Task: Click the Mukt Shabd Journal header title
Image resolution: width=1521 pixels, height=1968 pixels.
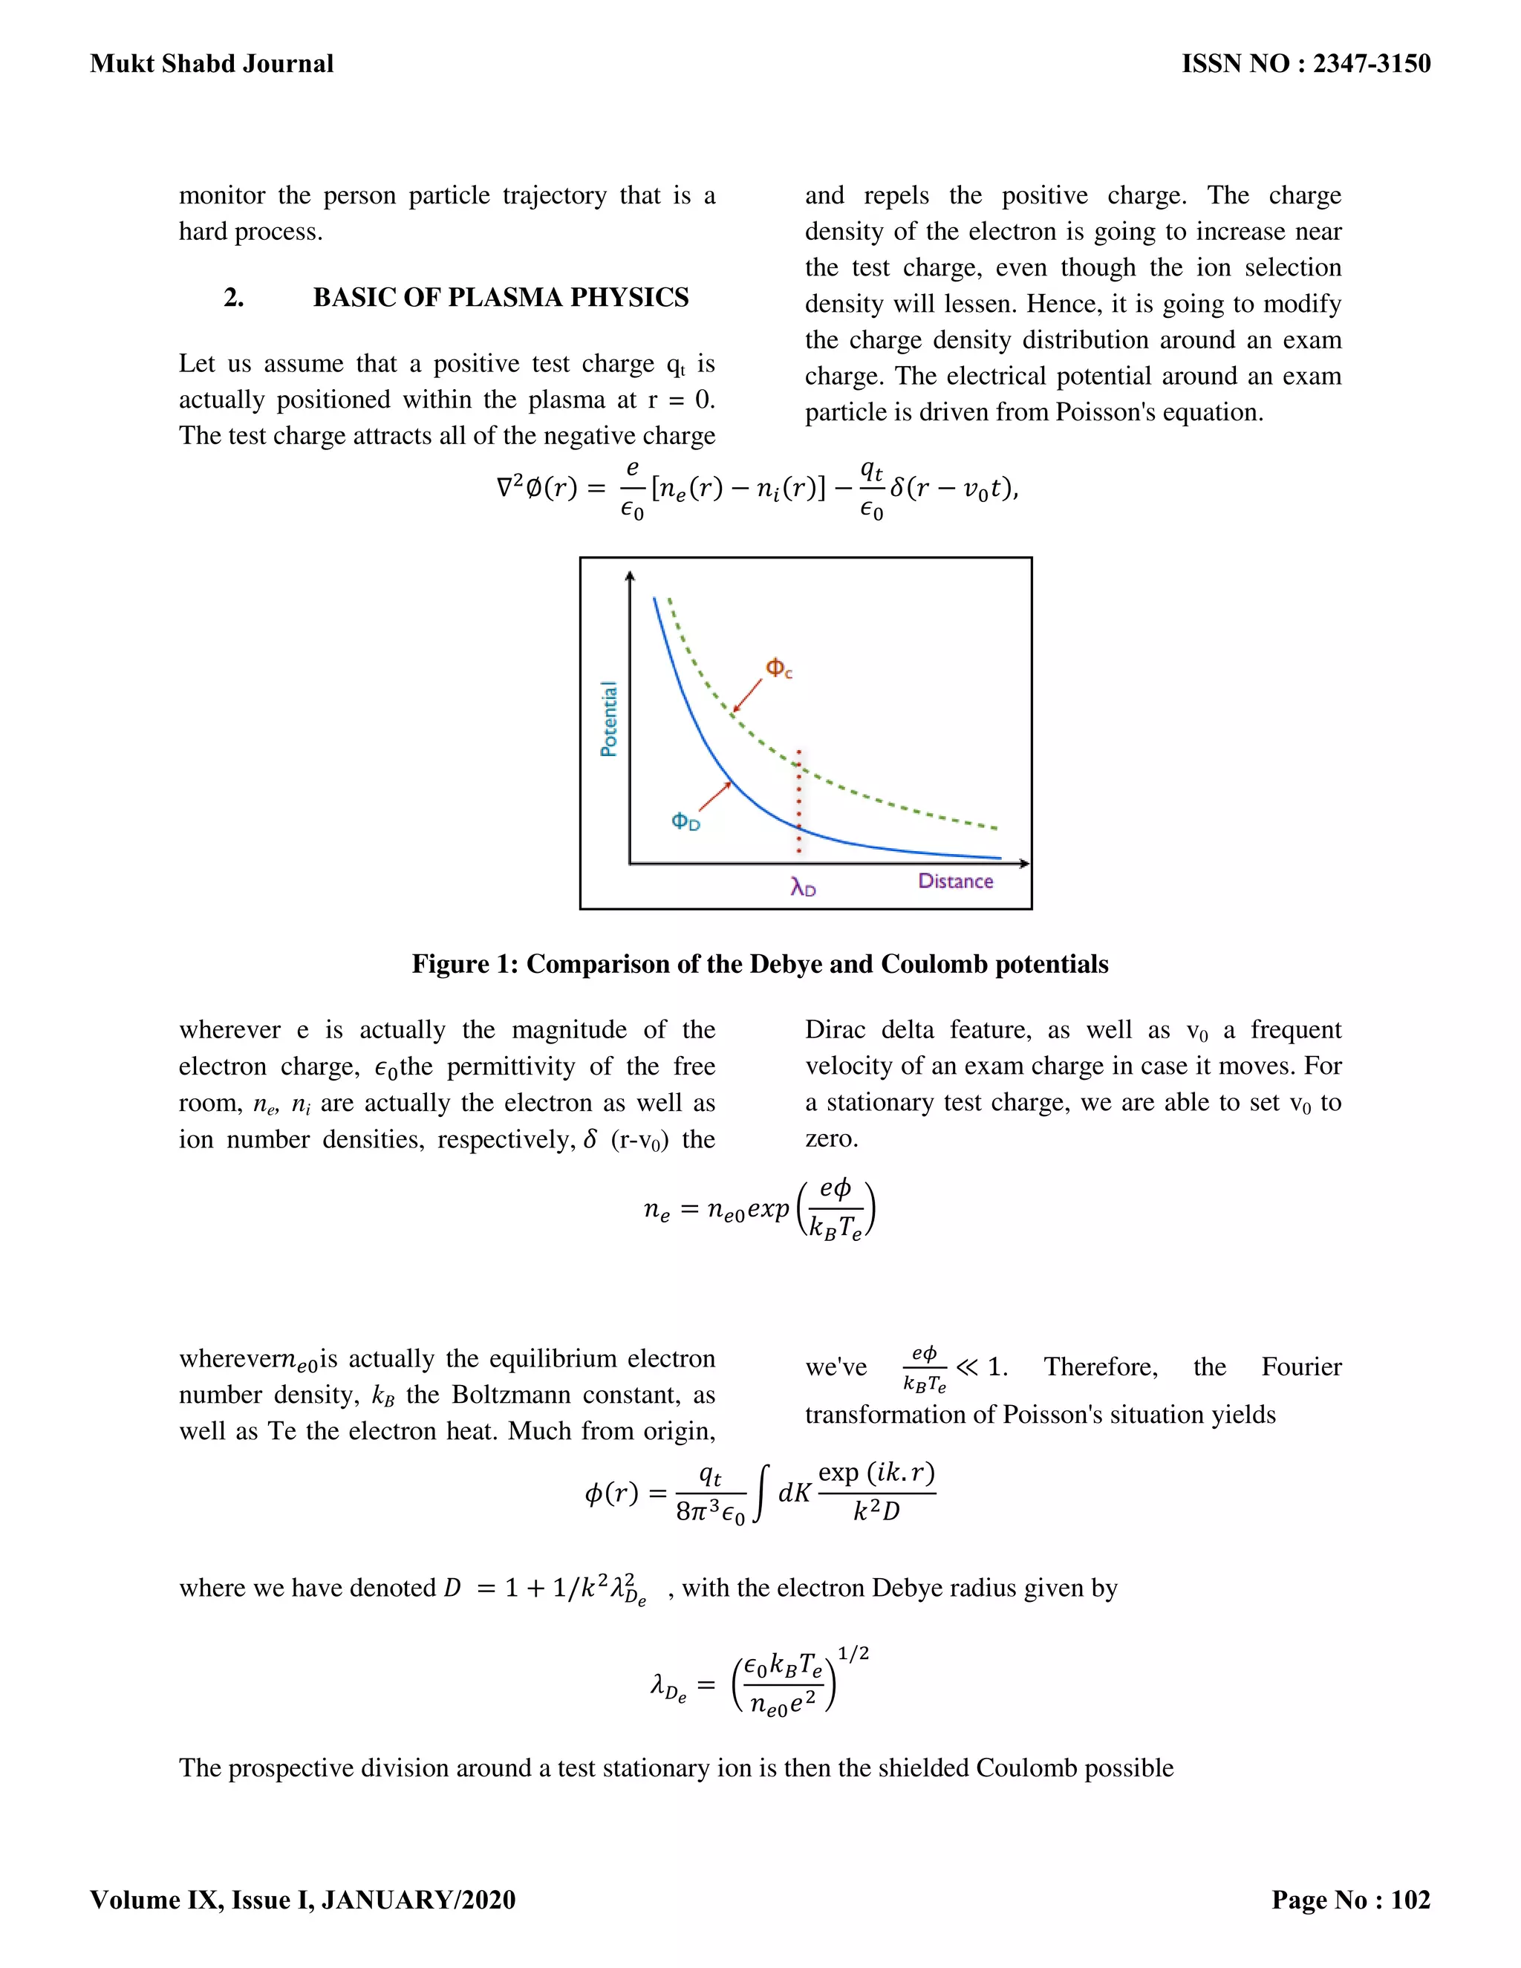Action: click(x=212, y=64)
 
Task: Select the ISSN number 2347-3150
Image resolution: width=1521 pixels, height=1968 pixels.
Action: click(x=1372, y=64)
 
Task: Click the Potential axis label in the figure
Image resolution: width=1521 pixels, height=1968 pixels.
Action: click(x=609, y=718)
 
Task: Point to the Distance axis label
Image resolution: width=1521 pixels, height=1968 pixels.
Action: click(x=955, y=882)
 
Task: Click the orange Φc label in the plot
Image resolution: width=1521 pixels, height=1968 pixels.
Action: click(x=778, y=668)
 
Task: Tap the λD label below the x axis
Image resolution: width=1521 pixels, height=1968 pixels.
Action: click(x=803, y=888)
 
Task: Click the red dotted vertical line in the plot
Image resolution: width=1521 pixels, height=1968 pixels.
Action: click(x=798, y=802)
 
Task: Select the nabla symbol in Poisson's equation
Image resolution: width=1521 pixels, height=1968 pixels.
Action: click(x=506, y=489)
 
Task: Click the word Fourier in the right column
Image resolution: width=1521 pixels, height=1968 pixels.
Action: click(x=1300, y=1367)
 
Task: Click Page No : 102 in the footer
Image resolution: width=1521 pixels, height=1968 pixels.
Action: click(x=1349, y=1900)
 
